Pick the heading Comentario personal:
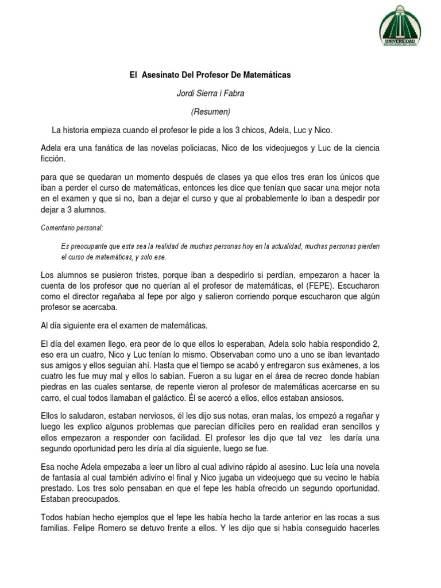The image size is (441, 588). tap(72, 228)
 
